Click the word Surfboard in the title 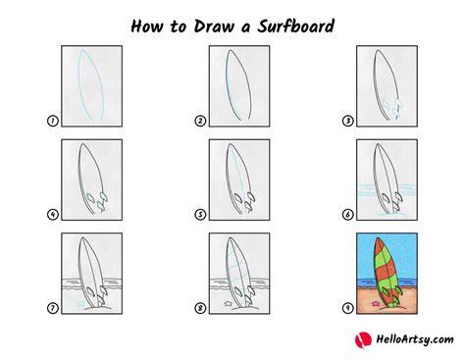click(x=295, y=26)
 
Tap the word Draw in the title click(x=215, y=26)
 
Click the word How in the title click(x=146, y=26)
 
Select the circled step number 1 click(x=53, y=121)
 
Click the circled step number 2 click(x=200, y=121)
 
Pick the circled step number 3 click(x=348, y=121)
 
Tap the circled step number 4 click(x=53, y=215)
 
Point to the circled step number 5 click(x=200, y=215)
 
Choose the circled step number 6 click(x=348, y=215)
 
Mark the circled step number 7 click(x=53, y=308)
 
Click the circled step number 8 click(x=200, y=308)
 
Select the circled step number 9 click(x=348, y=308)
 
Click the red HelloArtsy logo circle click(x=363, y=339)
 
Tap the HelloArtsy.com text click(x=415, y=339)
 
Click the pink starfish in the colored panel click(x=376, y=303)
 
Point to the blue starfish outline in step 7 click(x=80, y=303)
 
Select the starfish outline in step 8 click(x=228, y=303)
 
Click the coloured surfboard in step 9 click(x=386, y=272)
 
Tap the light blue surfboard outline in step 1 click(x=79, y=85)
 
